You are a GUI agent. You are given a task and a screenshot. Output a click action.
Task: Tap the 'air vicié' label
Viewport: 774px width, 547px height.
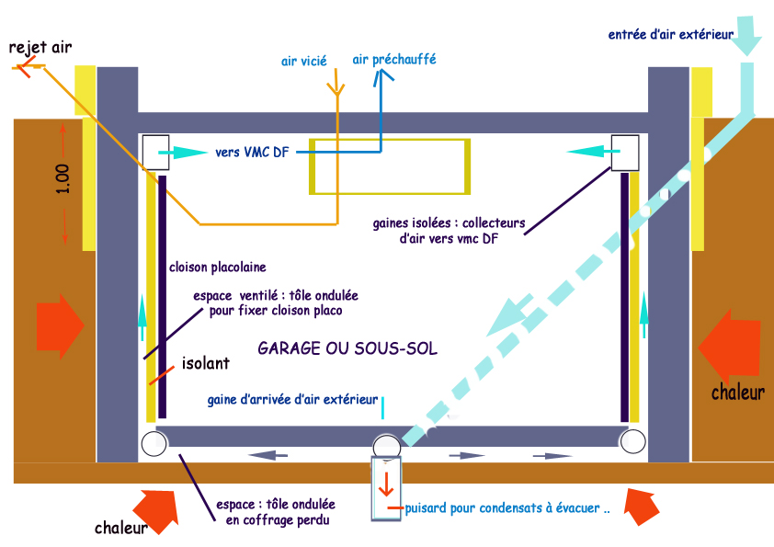(x=304, y=62)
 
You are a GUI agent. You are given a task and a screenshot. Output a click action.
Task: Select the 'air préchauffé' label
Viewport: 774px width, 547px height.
(x=394, y=59)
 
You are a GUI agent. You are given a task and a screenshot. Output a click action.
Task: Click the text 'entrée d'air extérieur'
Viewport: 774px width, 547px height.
(x=670, y=35)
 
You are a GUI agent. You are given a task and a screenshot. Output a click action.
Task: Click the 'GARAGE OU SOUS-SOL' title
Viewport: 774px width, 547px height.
(x=347, y=349)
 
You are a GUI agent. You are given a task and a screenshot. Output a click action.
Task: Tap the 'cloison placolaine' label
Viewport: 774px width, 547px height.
(x=218, y=268)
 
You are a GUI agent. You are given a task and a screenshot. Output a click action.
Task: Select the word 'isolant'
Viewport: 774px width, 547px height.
(x=205, y=364)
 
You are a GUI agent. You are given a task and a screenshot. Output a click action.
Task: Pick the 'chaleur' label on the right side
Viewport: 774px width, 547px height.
(x=738, y=393)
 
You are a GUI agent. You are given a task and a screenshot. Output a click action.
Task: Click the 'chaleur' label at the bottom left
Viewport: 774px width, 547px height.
(x=122, y=529)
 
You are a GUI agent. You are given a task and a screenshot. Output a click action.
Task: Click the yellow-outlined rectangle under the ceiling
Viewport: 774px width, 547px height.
(x=391, y=166)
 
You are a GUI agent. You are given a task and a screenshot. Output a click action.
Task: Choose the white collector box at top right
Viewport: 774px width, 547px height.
(x=625, y=152)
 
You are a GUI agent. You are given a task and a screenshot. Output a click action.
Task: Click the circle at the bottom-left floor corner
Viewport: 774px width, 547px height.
(x=154, y=444)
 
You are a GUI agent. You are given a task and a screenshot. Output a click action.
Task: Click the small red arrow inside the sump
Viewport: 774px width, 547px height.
(x=386, y=485)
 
